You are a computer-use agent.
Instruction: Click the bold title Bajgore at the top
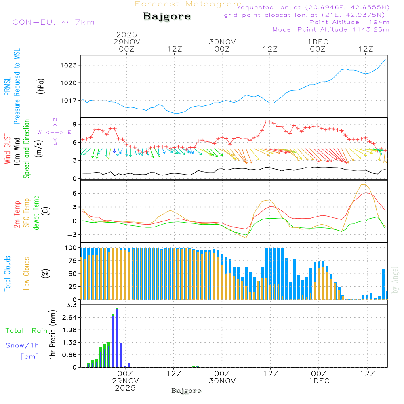[x=167, y=17]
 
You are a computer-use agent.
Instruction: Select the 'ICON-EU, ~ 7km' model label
[x=52, y=22]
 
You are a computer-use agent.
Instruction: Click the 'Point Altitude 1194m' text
[x=349, y=22]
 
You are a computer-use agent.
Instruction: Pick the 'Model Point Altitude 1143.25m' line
[x=331, y=29]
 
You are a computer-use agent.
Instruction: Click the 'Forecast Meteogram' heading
[x=188, y=4]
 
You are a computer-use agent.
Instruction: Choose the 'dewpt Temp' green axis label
[x=37, y=213]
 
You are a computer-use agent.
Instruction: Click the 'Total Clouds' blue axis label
[x=8, y=274]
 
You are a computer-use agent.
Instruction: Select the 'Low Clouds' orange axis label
[x=27, y=274]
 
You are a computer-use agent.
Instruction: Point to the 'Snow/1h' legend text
[x=22, y=345]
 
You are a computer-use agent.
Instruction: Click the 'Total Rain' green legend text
[x=26, y=330]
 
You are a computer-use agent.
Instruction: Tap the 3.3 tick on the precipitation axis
[x=72, y=305]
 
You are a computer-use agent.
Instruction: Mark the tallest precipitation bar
[x=117, y=337]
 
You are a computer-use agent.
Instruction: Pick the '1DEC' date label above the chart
[x=318, y=42]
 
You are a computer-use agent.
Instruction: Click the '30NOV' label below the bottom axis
[x=222, y=381]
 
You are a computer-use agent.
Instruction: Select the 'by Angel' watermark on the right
[x=396, y=280]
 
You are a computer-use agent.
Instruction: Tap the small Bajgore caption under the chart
[x=186, y=391]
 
